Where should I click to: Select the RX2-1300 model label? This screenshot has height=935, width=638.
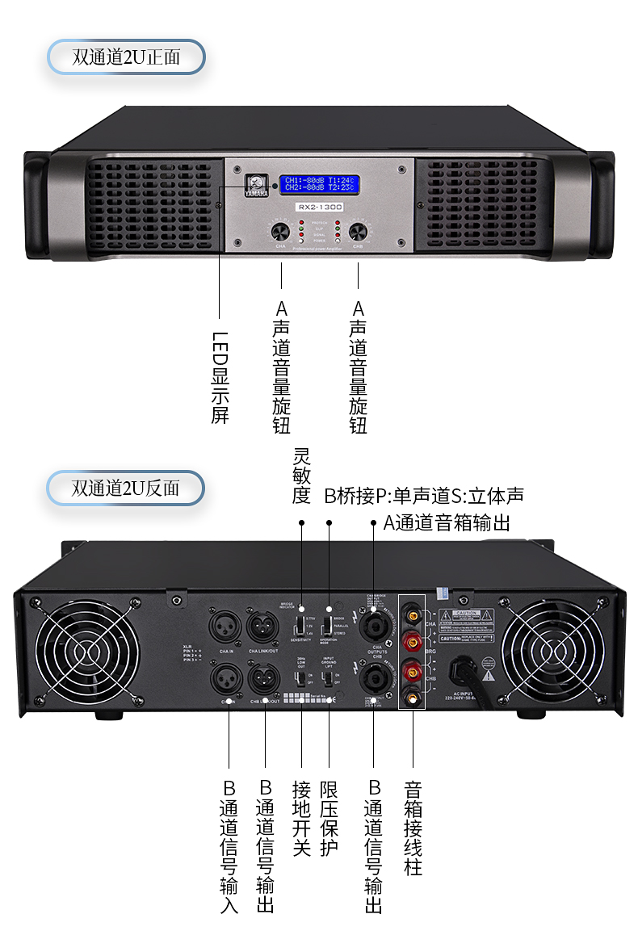pos(320,208)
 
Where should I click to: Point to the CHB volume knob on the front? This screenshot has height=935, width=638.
pos(357,232)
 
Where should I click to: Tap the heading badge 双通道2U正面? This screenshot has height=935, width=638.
pos(126,57)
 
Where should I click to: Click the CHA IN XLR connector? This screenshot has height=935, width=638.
pos(225,626)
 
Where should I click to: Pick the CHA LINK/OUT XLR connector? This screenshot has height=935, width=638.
pos(263,626)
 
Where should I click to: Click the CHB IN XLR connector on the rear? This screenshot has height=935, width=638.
pos(225,677)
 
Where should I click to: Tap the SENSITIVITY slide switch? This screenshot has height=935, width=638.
pos(300,625)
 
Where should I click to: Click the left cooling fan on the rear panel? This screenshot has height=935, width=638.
pos(79,651)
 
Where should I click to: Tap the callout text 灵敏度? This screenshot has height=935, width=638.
pos(301,476)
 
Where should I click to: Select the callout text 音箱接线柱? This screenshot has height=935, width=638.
pos(413,828)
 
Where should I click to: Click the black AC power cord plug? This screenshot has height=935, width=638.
pos(468,671)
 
